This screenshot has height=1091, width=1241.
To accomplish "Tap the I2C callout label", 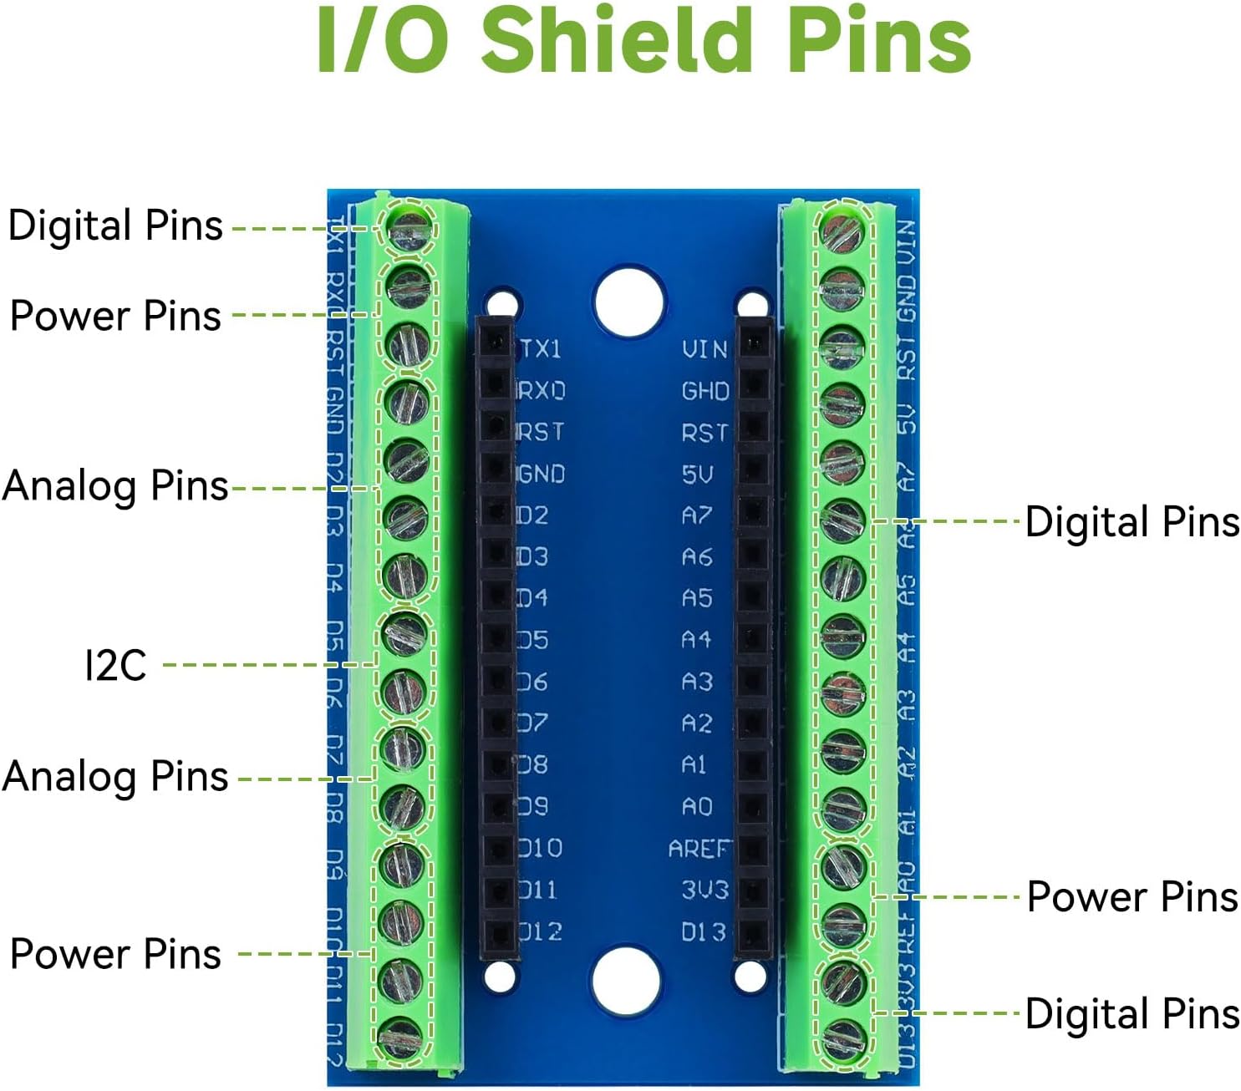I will tap(115, 665).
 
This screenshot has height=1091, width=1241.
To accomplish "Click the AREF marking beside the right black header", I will tap(699, 849).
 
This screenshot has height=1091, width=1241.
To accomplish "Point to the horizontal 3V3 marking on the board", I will tap(704, 890).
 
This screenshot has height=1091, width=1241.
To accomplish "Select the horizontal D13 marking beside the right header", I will tap(704, 931).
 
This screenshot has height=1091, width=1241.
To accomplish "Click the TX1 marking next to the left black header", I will tap(541, 349).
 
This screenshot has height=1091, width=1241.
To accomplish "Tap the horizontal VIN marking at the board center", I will tap(704, 349).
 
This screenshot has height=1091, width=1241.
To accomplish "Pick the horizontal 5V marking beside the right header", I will tap(697, 474).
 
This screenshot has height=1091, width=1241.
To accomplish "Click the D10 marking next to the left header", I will tap(541, 849).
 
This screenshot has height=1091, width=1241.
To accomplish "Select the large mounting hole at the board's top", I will tap(629, 301).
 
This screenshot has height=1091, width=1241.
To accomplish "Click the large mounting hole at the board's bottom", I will tap(626, 982).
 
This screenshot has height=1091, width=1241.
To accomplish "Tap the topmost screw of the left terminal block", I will tap(409, 226).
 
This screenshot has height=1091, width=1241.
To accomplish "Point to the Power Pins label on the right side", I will tap(1132, 897).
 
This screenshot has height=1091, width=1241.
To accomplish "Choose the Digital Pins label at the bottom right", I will tap(1132, 1014).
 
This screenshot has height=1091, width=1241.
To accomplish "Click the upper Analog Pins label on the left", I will tap(115, 485).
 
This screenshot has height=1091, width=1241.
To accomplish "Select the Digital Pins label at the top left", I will tap(115, 226).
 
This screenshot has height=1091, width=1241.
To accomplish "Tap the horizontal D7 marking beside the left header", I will tap(533, 723).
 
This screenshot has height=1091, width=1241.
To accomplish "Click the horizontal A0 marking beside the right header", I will tap(697, 807).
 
